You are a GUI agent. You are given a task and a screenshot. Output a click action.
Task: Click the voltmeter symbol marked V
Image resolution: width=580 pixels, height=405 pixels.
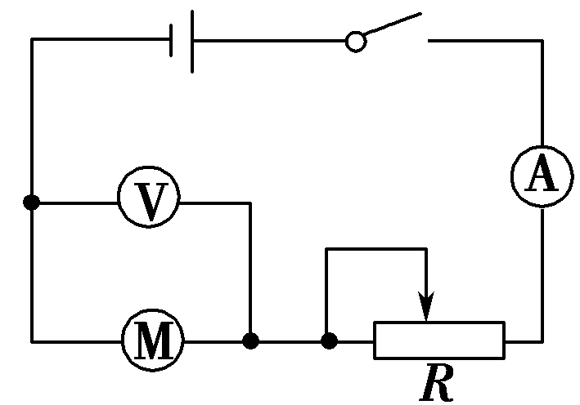(x=148, y=202)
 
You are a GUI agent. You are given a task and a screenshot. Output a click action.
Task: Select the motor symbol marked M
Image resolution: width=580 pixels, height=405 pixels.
(x=152, y=340)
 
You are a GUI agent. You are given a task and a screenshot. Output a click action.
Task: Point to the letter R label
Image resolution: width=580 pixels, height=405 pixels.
(x=436, y=382)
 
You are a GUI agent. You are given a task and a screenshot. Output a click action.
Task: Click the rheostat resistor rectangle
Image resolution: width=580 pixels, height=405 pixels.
(x=439, y=340)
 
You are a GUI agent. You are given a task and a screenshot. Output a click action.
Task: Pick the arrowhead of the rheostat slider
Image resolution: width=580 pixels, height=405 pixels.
(x=425, y=311)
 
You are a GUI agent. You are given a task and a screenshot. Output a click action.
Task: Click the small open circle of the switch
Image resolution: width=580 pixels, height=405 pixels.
(x=355, y=40)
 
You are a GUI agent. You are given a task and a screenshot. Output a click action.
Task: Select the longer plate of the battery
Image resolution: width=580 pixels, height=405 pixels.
(x=192, y=41)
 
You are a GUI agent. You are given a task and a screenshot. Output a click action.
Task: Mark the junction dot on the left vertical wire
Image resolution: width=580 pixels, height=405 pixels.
(x=32, y=202)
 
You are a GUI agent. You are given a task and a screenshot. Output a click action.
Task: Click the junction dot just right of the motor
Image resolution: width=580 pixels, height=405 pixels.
(x=250, y=340)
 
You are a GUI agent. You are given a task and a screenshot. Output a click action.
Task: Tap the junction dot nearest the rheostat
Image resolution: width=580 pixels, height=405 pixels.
(x=328, y=340)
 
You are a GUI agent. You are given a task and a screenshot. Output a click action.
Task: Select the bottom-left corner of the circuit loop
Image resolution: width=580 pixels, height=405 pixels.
(x=32, y=340)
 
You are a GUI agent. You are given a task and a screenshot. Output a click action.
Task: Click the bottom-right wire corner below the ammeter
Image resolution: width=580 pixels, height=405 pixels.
(x=541, y=340)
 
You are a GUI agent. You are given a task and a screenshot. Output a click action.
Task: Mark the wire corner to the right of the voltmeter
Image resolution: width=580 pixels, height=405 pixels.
(x=250, y=202)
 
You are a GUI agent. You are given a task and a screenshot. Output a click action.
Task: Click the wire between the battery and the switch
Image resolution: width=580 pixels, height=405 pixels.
(x=270, y=40)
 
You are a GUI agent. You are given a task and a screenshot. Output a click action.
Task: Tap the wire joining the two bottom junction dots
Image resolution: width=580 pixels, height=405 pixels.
(x=289, y=340)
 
